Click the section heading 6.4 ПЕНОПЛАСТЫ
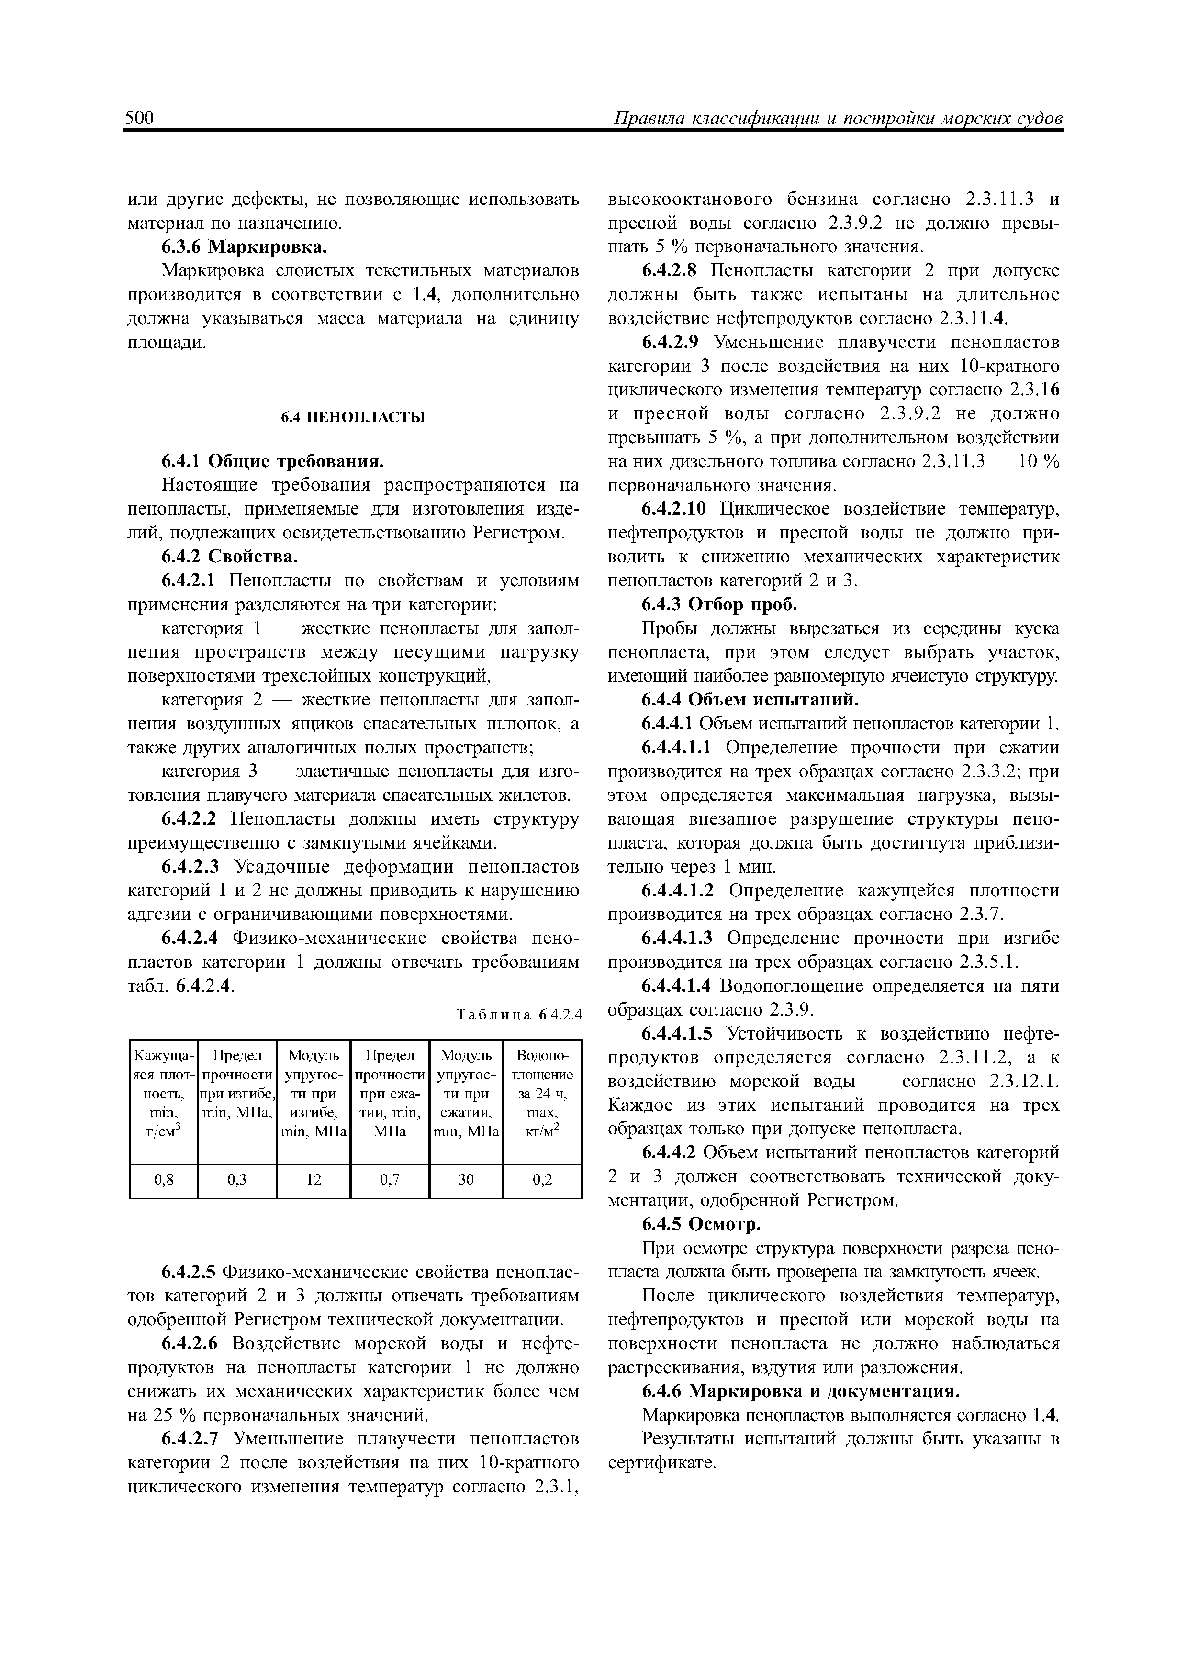click(x=354, y=417)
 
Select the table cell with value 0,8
click(x=164, y=1179)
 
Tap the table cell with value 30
click(x=466, y=1179)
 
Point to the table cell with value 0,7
click(x=389, y=1179)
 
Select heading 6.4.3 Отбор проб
click(x=719, y=605)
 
